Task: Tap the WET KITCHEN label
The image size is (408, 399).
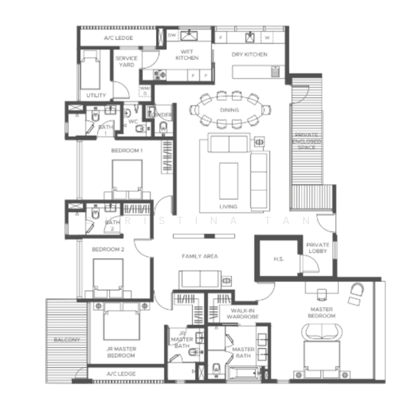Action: [x=187, y=54]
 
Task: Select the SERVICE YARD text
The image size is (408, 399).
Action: [x=126, y=62]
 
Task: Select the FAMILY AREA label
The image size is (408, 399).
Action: [x=199, y=256]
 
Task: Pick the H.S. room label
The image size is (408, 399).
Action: [x=279, y=259]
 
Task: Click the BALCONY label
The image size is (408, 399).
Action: [x=66, y=340]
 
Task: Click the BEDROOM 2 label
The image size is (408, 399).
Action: [x=108, y=249]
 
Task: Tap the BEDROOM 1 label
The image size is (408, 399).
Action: [x=126, y=151]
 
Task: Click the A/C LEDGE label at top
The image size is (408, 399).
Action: [x=119, y=38]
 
